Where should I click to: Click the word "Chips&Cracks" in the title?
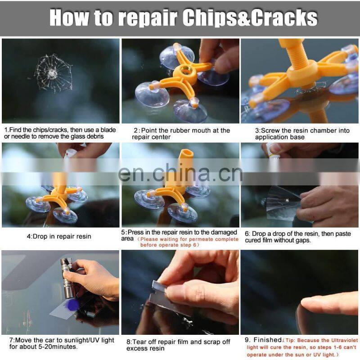point(250,18)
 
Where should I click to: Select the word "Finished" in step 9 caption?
point(267,340)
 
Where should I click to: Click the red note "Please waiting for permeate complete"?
point(189,239)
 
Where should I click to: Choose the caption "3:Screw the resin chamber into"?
point(302,130)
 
